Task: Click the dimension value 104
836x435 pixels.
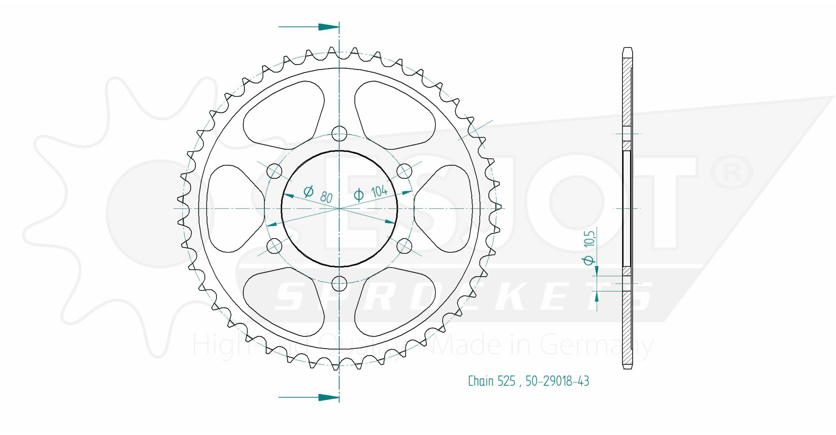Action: point(379,191)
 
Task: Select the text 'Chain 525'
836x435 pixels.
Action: point(492,381)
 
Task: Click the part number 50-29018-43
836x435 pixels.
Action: point(557,381)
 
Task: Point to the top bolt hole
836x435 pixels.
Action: point(339,134)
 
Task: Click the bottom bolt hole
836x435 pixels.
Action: point(339,283)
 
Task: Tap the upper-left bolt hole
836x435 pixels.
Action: point(274,171)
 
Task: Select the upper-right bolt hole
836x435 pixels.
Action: point(404,171)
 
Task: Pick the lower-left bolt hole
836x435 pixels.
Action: point(274,246)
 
